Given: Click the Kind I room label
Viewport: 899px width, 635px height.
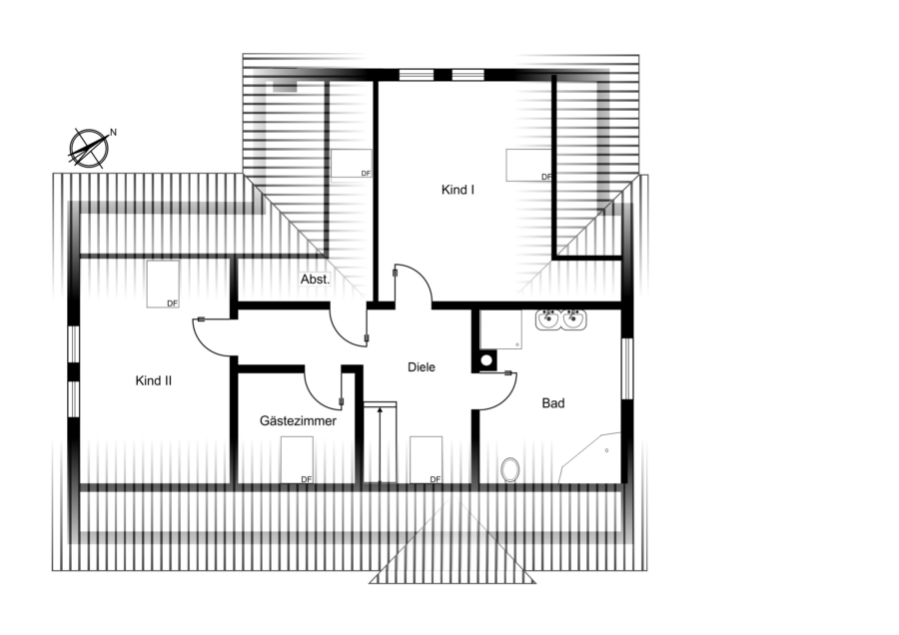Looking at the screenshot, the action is tap(457, 190).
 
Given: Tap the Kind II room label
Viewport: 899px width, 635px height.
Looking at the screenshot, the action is tap(153, 380).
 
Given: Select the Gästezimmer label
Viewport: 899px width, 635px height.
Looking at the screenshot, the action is tap(298, 421).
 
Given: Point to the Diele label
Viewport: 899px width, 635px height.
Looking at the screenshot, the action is tap(422, 367).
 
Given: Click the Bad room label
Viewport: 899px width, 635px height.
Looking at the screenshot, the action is tap(553, 403).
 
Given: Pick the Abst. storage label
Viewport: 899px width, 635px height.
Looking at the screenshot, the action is tap(316, 280).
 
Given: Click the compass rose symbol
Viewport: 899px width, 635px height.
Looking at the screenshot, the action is tap(89, 149).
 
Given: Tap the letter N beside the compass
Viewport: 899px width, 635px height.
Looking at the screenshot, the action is tap(114, 133).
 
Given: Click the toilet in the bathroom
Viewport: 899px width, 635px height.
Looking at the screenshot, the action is tap(509, 469).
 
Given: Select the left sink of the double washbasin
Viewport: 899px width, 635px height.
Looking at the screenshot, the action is tap(548, 318).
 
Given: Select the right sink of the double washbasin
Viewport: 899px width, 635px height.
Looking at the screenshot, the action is tap(573, 318).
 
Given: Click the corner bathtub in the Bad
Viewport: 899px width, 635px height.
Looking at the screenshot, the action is tap(590, 457).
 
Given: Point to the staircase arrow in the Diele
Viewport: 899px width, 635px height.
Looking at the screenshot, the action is tap(380, 444).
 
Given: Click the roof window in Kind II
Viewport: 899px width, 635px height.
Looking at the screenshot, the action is tap(163, 284).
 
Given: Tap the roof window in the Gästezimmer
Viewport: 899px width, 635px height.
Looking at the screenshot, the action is tap(297, 459).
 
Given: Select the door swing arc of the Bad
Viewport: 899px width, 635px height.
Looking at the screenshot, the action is tap(506, 398).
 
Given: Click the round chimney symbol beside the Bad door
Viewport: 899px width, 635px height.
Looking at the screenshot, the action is tap(486, 360).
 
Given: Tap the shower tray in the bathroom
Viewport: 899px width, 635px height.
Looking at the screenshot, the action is tap(500, 329).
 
